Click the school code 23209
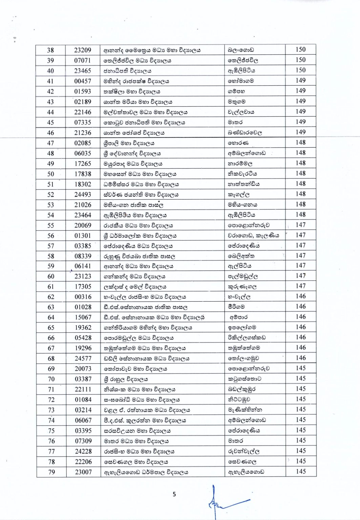[x=83, y=50]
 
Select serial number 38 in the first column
[x=50, y=50]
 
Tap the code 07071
[x=83, y=61]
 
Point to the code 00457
[x=83, y=81]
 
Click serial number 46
[x=50, y=133]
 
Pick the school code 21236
[x=83, y=133]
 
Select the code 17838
[x=83, y=174]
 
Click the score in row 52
[x=300, y=194]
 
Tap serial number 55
[x=50, y=225]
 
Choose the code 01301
[x=83, y=236]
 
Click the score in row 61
[x=300, y=286]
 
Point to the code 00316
[x=83, y=297]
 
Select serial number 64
[x=51, y=318]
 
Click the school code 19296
[x=83, y=348]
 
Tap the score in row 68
[x=301, y=358]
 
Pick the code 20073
[x=83, y=369]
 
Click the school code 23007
[x=83, y=472]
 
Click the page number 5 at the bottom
[x=174, y=494]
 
